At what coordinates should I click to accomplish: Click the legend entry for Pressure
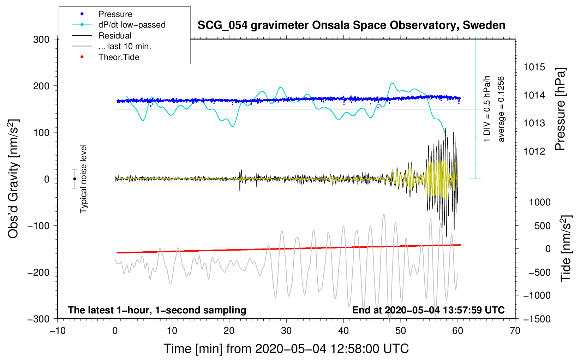[x=115, y=14]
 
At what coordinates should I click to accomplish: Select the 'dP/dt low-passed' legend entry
[x=132, y=25]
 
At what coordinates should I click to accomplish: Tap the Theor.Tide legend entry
[x=119, y=57]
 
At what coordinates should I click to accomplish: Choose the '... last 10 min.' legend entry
[x=125, y=46]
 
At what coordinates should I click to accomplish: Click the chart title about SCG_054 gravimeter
[x=351, y=25]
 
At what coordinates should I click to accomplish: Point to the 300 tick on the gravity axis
[x=41, y=40]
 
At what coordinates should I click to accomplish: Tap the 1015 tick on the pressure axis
[x=534, y=67]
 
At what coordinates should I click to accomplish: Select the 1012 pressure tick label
[x=534, y=151]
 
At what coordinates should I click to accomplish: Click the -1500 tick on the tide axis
[x=537, y=319]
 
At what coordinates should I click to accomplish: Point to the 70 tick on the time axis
[x=515, y=331]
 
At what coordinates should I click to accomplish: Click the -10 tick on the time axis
[x=58, y=331]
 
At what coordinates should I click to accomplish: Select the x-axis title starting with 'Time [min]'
[x=286, y=349]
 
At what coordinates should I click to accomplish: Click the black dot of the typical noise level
[x=74, y=179]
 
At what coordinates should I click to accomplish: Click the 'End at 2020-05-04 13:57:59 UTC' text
[x=428, y=310]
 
